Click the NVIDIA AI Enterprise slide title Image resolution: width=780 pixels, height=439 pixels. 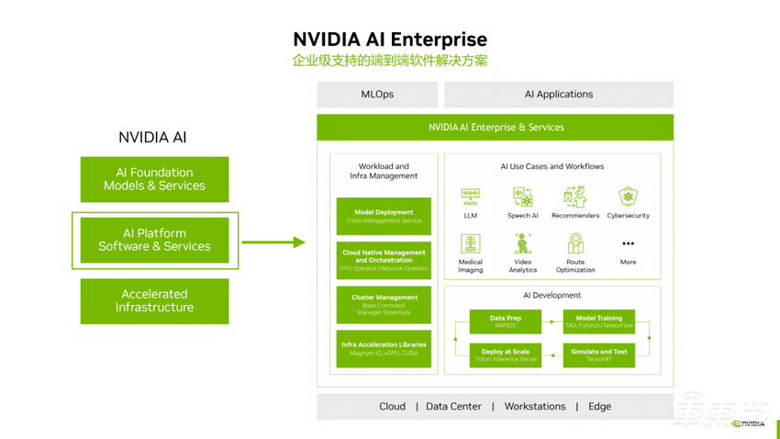[x=389, y=39]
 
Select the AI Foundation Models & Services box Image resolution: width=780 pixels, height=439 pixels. [x=154, y=179]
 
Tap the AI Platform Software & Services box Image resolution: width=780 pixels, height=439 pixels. [x=154, y=241]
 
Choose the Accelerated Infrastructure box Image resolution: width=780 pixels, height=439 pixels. [x=154, y=301]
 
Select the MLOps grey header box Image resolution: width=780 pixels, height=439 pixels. [x=376, y=95]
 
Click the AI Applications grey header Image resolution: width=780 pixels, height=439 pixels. [x=558, y=95]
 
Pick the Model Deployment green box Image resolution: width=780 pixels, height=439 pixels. [x=384, y=217]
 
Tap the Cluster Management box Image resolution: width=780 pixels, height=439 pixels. [x=384, y=305]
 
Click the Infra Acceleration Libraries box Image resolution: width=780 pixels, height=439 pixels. [x=384, y=349]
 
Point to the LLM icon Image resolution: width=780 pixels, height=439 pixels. [x=470, y=197]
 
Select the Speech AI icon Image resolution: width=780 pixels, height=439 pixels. [x=522, y=197]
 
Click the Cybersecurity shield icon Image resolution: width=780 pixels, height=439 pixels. [x=628, y=197]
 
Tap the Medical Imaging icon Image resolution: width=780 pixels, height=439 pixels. [x=470, y=243]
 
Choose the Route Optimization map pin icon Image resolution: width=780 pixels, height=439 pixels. [x=575, y=243]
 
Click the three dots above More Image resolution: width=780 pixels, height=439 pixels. [x=628, y=244]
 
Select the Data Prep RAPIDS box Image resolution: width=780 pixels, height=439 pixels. [x=506, y=321]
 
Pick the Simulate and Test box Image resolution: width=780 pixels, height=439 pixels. [x=598, y=355]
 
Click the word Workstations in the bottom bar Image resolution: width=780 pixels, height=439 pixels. [x=534, y=407]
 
